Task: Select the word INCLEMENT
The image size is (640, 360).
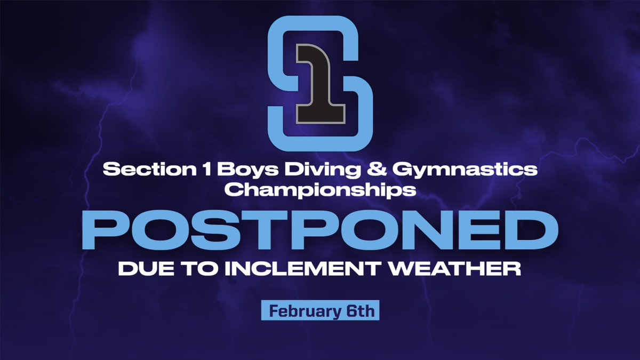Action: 287,268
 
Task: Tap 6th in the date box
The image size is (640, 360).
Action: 359,311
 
